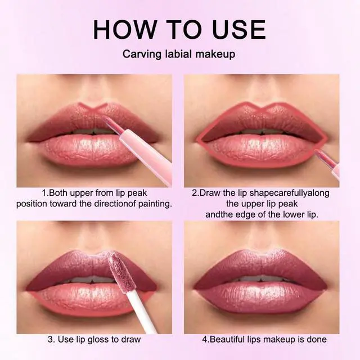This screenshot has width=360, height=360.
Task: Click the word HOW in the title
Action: coord(124,29)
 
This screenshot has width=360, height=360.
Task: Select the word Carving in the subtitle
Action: coord(142,55)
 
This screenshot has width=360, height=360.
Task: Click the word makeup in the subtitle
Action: coord(215,54)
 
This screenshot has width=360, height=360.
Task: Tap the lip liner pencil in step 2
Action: coord(327,164)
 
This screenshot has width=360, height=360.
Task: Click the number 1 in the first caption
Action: coord(44,193)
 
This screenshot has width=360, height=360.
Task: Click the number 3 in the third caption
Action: coord(51,339)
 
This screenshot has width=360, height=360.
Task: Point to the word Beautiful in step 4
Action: coord(231,339)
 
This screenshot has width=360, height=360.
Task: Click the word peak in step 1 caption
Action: coord(137,193)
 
